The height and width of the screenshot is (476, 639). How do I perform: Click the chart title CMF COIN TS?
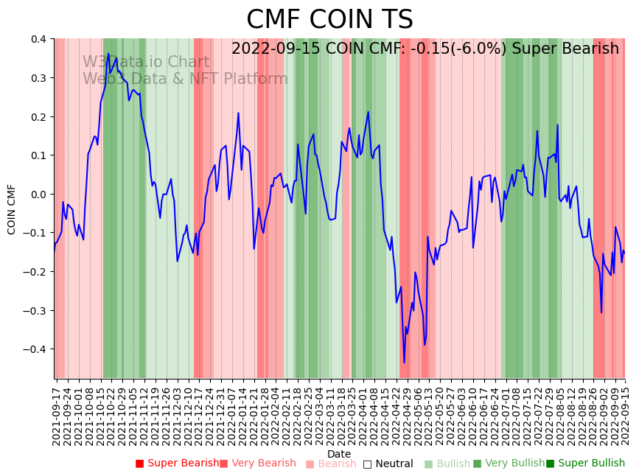pos(329,20)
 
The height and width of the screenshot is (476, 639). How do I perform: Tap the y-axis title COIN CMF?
pos(12,209)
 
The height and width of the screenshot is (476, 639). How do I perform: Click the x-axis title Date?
pos(339,454)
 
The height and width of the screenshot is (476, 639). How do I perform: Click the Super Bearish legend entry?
pos(177,463)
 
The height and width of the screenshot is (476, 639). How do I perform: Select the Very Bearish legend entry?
pos(257,463)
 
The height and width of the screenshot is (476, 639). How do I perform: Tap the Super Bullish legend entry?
pos(585,463)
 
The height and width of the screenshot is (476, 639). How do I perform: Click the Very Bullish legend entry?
pos(508,463)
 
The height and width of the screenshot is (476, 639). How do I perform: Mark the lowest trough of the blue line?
pos(404,363)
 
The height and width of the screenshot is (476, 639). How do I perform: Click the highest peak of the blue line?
pos(108,54)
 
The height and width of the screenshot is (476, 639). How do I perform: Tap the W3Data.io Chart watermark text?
pos(146,63)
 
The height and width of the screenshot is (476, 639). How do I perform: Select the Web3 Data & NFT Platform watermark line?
pos(185,79)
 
